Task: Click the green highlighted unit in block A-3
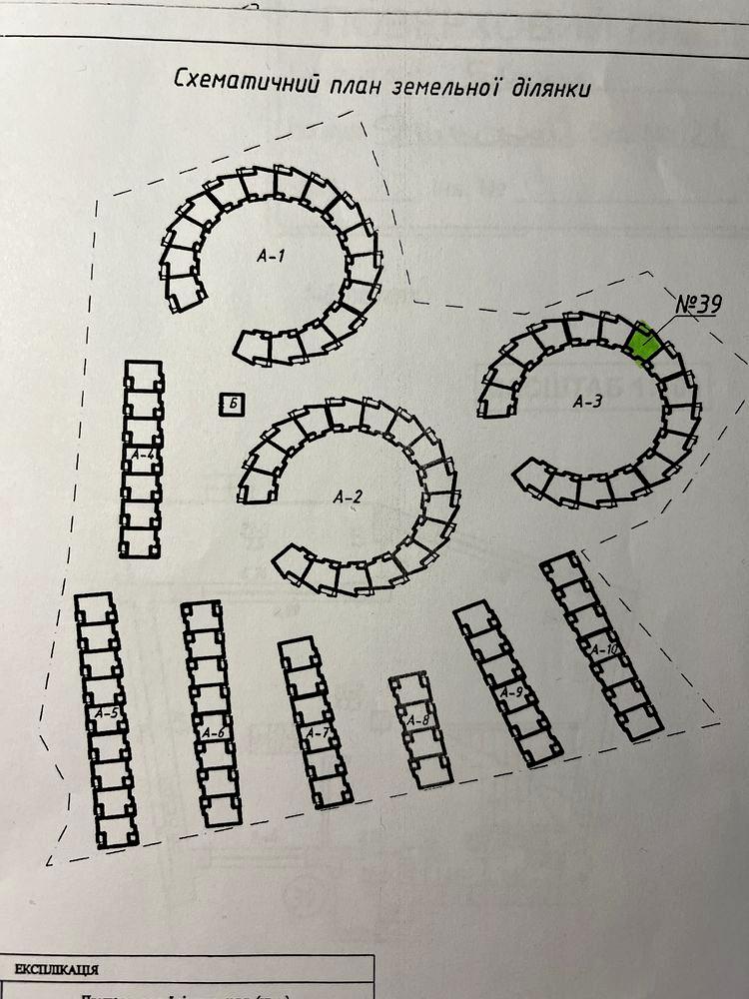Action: [643, 341]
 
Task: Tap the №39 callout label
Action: [698, 305]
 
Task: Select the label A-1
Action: [271, 256]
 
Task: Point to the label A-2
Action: [347, 496]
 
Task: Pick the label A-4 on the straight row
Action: [143, 456]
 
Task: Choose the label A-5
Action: [107, 713]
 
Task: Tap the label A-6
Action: [213, 732]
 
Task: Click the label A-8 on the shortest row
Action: [418, 719]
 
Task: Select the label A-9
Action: [511, 691]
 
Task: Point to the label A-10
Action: [605, 649]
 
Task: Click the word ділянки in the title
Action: [546, 88]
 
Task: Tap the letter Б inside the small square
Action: [232, 404]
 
